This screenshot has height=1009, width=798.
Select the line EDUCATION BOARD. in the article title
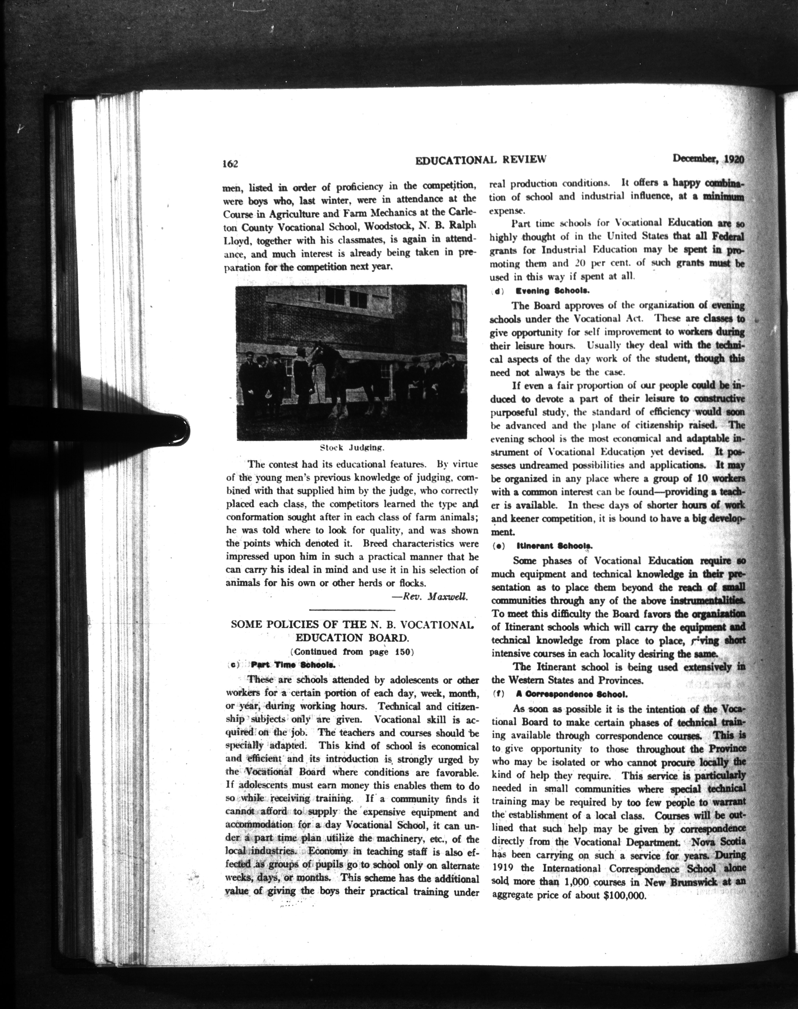pyautogui.click(x=352, y=638)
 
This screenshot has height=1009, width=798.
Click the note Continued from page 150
pyautogui.click(x=352, y=652)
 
